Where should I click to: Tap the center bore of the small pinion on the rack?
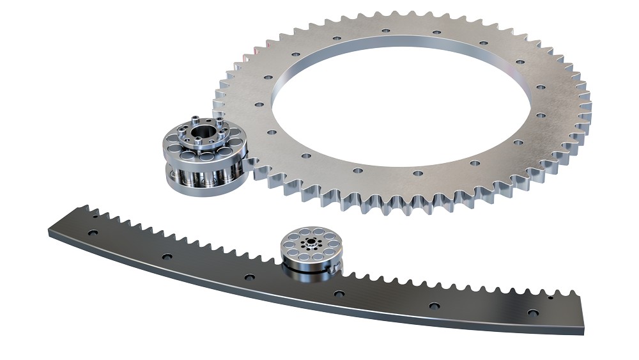(x=311, y=242)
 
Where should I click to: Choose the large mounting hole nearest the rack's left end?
(x=94, y=235)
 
